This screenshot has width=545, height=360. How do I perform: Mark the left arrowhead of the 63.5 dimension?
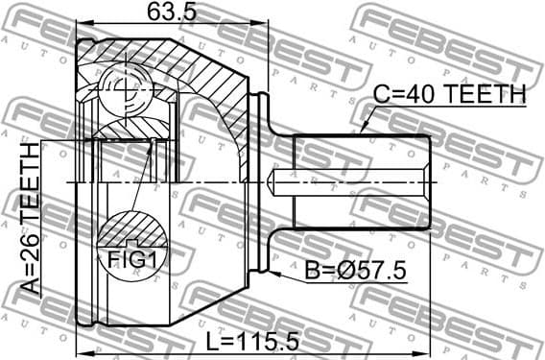[x=81, y=26]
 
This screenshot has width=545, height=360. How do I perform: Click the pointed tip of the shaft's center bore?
[x=274, y=180]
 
